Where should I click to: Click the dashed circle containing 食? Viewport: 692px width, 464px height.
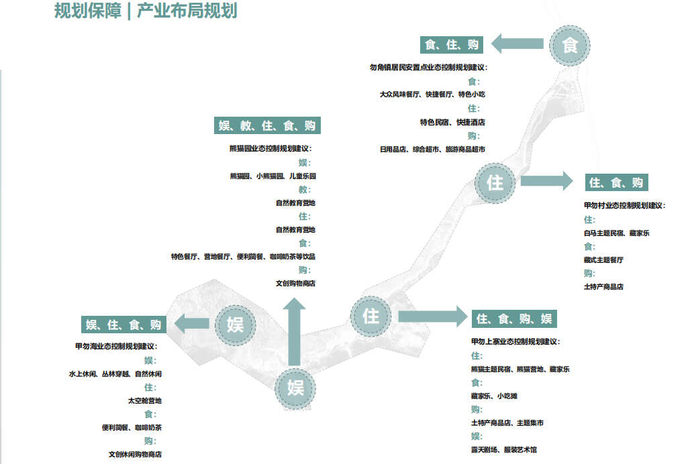[x=569, y=45]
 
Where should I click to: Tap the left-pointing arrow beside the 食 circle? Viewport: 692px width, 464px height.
[x=517, y=45]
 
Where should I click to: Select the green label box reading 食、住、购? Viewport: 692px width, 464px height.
[x=452, y=45]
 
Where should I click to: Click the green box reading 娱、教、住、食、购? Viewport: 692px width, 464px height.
[x=266, y=125]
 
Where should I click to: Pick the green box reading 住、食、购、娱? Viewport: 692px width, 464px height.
[x=514, y=318]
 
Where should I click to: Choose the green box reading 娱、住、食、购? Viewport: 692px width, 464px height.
[x=124, y=325]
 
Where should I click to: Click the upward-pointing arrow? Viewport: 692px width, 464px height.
[x=293, y=335]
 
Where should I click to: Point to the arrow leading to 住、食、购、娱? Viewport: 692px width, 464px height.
[x=432, y=317]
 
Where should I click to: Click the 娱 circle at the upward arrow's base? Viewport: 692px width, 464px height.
[x=295, y=387]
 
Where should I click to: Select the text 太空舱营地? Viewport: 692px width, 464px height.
[x=145, y=401]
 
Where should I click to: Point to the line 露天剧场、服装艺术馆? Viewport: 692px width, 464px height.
[x=503, y=450]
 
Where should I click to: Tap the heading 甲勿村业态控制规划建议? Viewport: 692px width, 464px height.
[x=624, y=206]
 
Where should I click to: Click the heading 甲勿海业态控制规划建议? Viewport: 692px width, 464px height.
[x=115, y=347]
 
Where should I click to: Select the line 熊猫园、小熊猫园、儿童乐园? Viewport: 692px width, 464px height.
[x=272, y=176]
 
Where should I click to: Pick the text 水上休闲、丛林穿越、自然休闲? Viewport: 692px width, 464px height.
[x=115, y=374]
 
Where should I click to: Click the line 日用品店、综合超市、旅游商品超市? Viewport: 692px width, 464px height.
[x=432, y=150]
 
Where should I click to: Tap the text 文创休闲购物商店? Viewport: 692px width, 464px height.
[x=135, y=455]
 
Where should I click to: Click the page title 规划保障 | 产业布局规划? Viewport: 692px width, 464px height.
[x=145, y=11]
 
